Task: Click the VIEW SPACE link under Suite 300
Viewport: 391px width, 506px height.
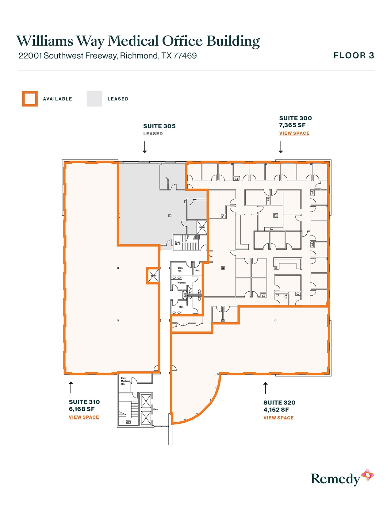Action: tap(294, 133)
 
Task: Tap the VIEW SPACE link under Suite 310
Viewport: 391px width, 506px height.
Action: tap(84, 417)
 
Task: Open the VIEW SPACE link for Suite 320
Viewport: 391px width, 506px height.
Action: tap(278, 418)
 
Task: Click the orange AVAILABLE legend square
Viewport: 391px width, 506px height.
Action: tap(30, 99)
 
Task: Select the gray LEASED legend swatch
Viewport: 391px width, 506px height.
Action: tap(94, 99)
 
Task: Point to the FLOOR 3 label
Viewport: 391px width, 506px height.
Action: tap(354, 56)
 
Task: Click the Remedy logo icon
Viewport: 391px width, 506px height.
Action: tap(367, 475)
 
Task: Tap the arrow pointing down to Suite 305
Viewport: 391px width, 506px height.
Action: tap(145, 147)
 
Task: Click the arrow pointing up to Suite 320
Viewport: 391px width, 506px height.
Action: tap(266, 388)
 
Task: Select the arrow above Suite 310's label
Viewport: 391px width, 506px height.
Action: tap(71, 387)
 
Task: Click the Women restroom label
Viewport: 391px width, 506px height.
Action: tap(182, 283)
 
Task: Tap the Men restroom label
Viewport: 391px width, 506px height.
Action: tap(181, 307)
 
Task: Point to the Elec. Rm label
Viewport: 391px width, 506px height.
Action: tap(180, 269)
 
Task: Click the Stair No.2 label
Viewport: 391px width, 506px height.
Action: tap(178, 243)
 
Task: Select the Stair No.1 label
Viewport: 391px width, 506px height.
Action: tap(128, 422)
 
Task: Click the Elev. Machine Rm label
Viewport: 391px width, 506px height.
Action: tap(125, 381)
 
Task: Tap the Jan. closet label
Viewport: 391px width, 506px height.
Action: tap(197, 270)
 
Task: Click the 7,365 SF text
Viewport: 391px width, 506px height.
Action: tap(292, 125)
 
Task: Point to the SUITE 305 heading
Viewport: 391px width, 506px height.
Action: tap(159, 126)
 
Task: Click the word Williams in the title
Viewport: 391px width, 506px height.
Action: tap(45, 41)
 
